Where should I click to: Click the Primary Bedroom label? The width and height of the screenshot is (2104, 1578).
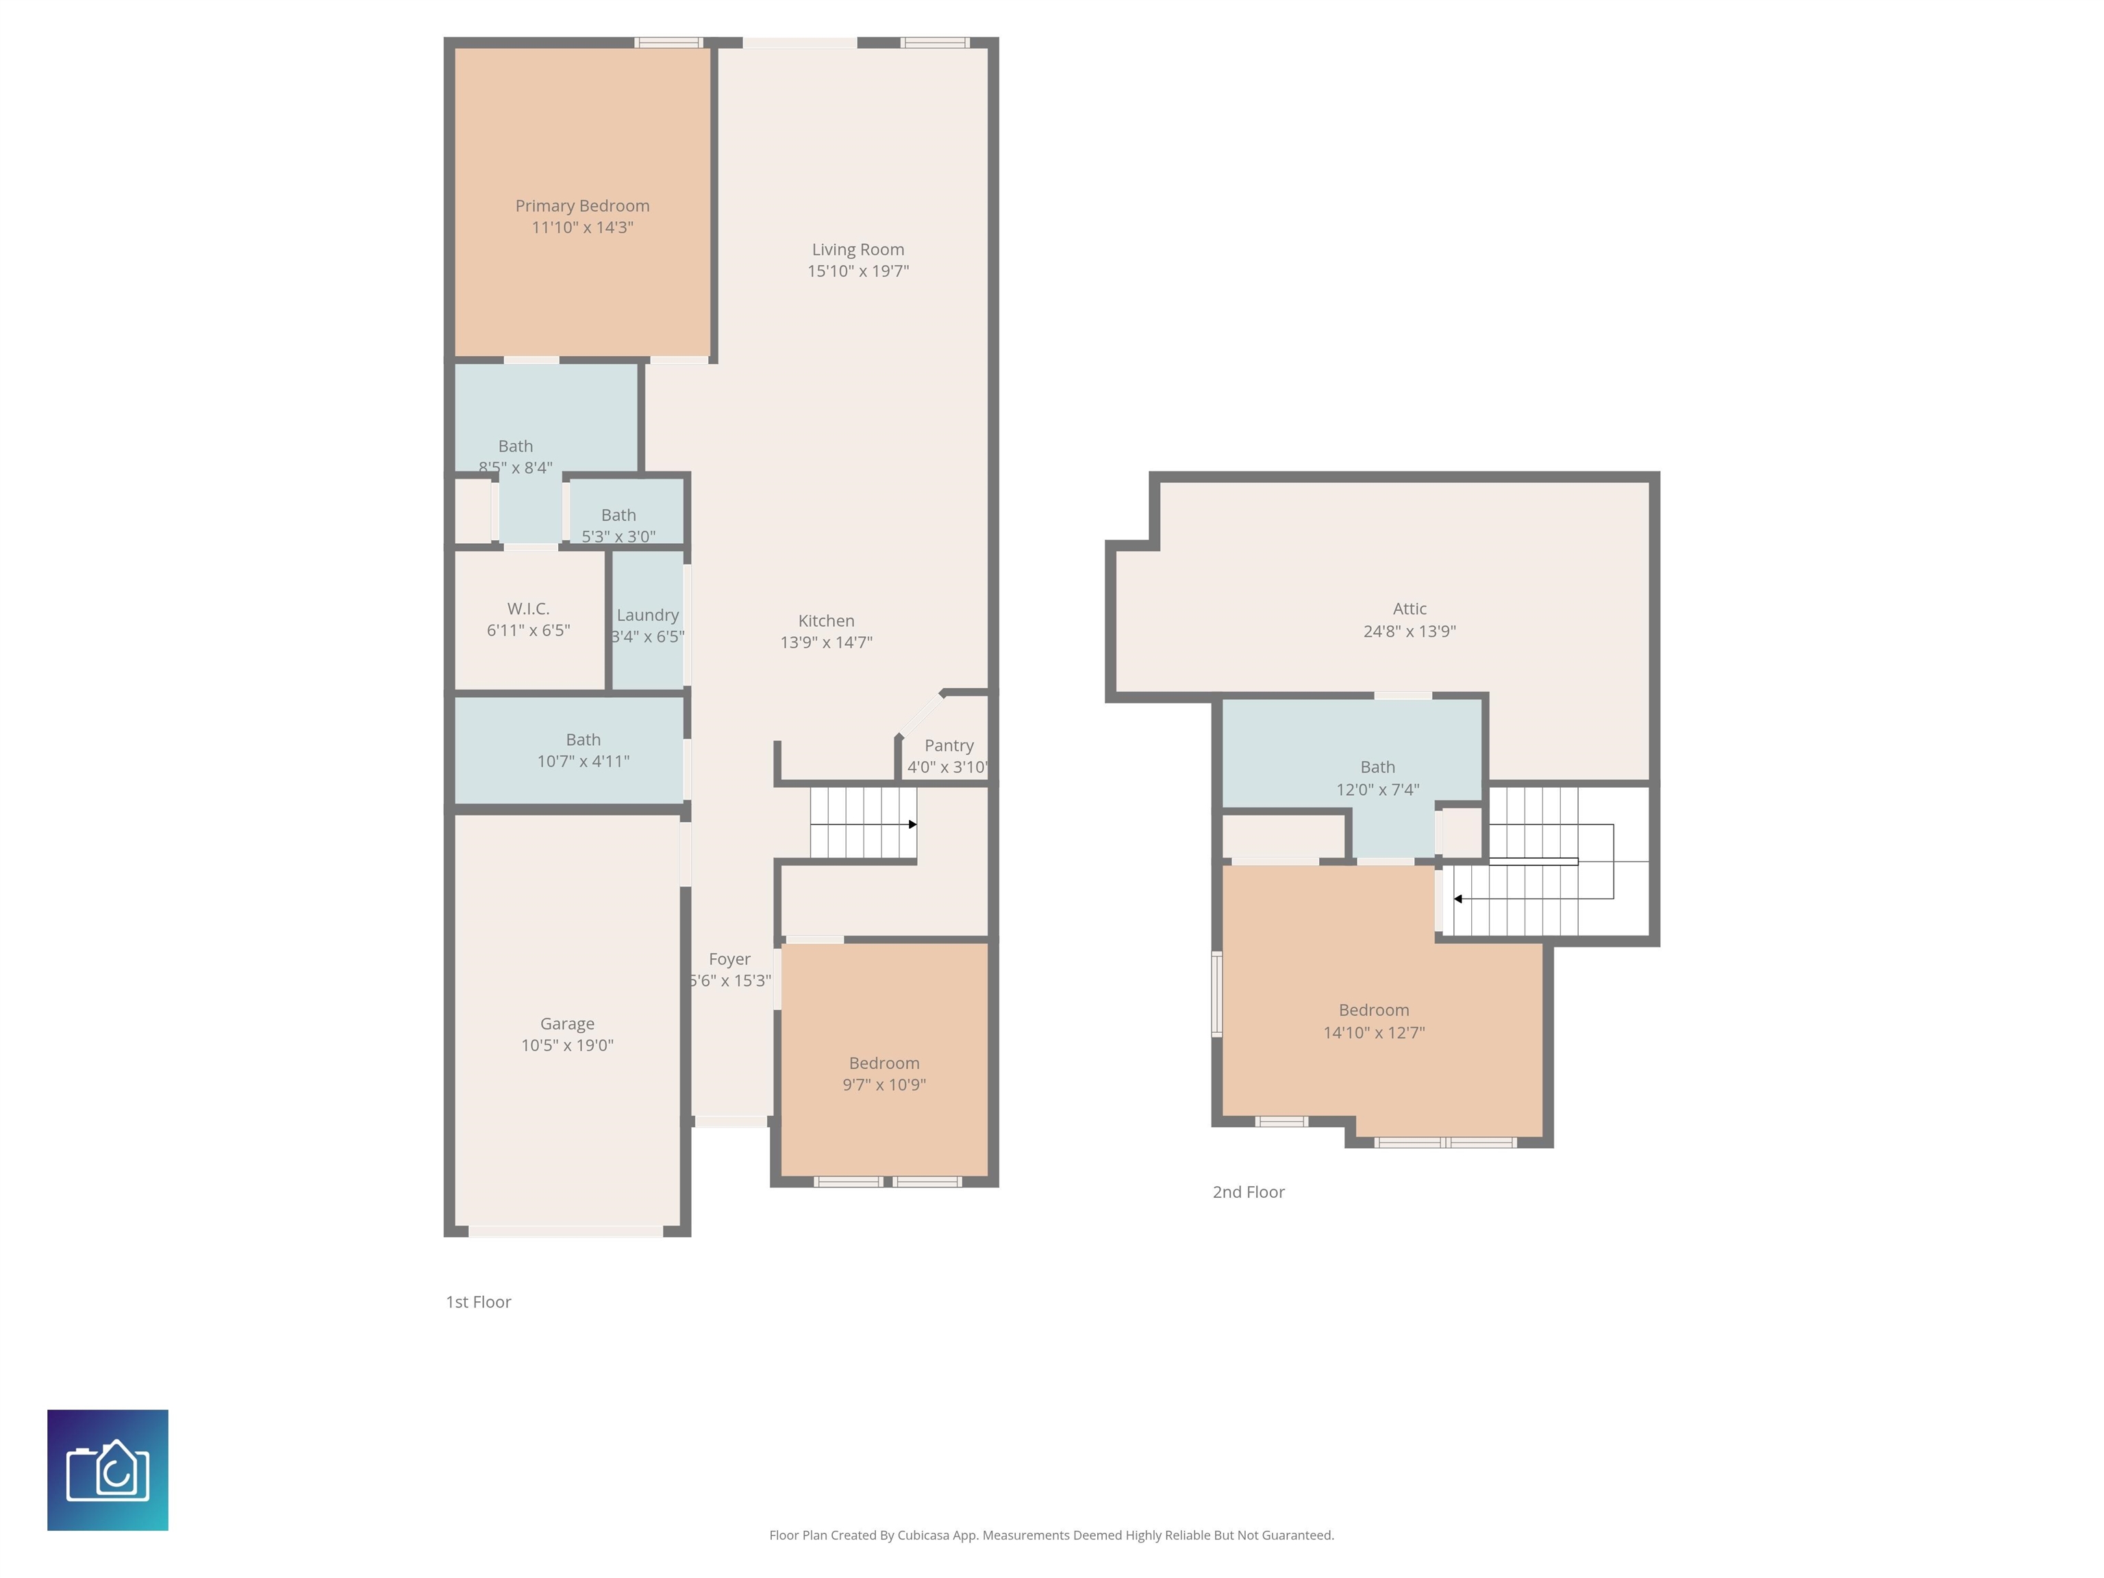(582, 205)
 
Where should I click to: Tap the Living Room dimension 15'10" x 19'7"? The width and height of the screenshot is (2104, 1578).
(858, 271)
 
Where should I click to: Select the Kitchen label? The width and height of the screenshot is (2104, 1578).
(825, 620)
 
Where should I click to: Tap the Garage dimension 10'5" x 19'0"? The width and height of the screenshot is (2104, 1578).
(567, 1045)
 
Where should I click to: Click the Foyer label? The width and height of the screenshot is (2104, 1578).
(729, 959)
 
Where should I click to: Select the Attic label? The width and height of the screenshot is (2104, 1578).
(1410, 609)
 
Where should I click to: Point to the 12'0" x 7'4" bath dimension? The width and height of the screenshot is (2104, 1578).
(1377, 790)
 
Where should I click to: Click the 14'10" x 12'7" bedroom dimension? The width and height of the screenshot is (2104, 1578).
(1373, 1032)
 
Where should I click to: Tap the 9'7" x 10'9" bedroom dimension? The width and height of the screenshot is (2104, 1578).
(884, 1084)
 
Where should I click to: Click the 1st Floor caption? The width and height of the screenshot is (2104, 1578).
(479, 1302)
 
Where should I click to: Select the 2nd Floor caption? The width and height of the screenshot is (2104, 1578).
(1248, 1192)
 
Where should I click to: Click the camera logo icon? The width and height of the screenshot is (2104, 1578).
(108, 1470)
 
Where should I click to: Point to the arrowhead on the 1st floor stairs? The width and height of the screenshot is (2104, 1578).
(912, 825)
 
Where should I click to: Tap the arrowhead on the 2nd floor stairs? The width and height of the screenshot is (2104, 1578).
(1457, 899)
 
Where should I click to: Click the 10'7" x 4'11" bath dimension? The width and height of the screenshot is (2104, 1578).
(583, 761)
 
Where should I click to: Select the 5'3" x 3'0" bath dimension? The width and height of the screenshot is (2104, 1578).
(618, 536)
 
